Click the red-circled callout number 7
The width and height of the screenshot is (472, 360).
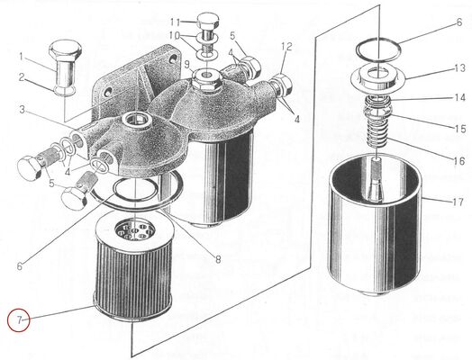pyautogui.click(x=15, y=319)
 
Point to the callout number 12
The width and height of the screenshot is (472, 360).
pyautogui.click(x=286, y=46)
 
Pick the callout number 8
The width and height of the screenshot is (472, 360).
pyautogui.click(x=217, y=260)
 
